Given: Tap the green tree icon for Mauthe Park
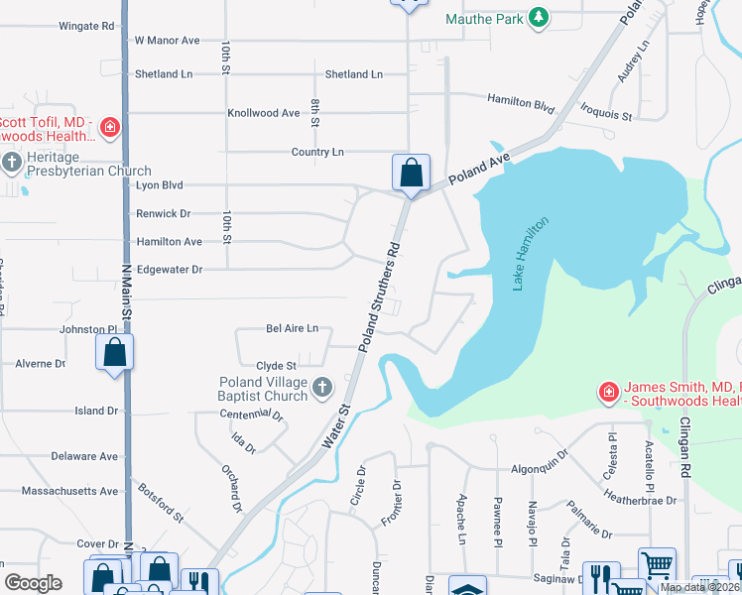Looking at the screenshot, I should [x=538, y=18].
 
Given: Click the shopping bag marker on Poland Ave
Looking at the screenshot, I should [x=411, y=174].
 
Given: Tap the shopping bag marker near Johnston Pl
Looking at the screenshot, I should [x=115, y=352].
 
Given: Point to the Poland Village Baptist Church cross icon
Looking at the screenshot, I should [x=320, y=388].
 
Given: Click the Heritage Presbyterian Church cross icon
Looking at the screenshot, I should [x=12, y=162].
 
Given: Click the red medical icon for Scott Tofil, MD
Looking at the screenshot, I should [x=109, y=127].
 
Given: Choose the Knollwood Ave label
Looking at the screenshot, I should [x=263, y=113].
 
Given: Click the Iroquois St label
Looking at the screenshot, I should [x=606, y=116].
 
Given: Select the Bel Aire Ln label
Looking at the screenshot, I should [x=292, y=328].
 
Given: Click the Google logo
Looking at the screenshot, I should [x=34, y=582].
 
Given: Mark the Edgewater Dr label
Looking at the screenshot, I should [x=169, y=269].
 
